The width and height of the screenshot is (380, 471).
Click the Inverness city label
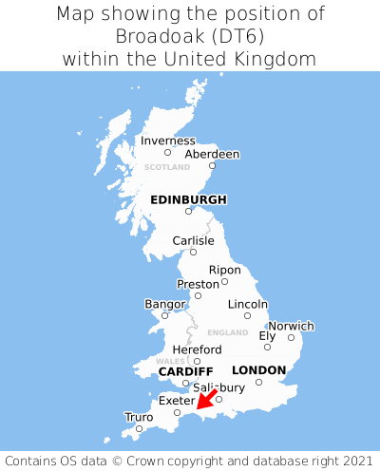tap(167, 141)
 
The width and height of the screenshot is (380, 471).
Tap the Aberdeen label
tap(212, 154)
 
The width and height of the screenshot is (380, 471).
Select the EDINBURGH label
tap(188, 199)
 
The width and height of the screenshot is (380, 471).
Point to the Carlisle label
tap(193, 240)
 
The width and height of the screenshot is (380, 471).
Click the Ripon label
tap(224, 270)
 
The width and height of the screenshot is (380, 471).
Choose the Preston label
tap(198, 284)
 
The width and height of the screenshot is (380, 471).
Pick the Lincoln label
tap(248, 304)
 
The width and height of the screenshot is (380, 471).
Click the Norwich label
tap(291, 326)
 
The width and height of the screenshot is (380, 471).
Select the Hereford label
tap(197, 349)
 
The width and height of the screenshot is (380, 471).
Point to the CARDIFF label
tap(185, 370)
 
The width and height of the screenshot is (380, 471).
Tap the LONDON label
tap(258, 369)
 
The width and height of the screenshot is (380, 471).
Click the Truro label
tap(139, 416)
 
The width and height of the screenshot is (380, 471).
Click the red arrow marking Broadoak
tap(206, 400)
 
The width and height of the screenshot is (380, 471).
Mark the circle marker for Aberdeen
tap(213, 165)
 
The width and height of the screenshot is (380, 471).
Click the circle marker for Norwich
tap(291, 337)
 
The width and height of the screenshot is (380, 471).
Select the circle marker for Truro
tap(139, 427)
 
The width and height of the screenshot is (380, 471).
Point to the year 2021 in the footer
tap(351, 458)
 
